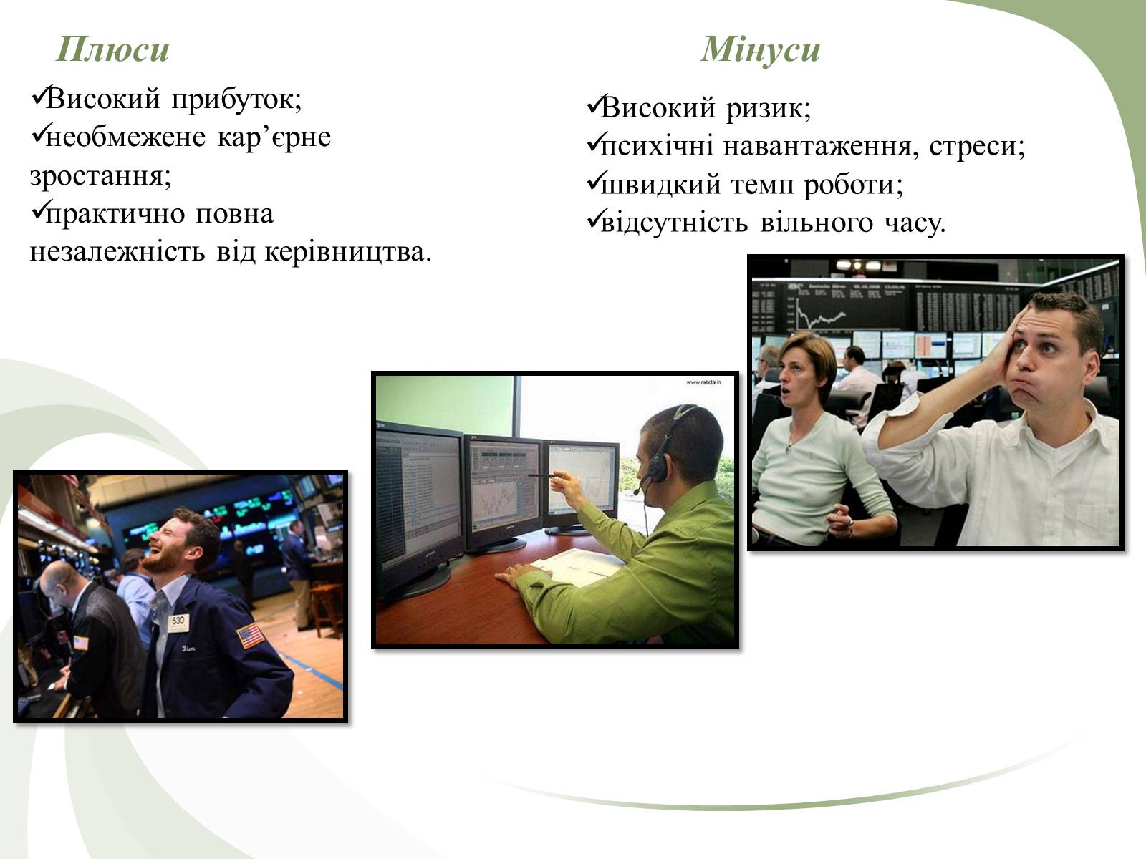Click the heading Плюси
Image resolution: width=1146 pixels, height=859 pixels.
[x=112, y=49]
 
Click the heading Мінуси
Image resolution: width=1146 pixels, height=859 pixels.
[x=760, y=49]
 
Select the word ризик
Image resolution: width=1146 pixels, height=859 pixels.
[x=769, y=109]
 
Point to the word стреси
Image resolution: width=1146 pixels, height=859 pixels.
[x=977, y=146]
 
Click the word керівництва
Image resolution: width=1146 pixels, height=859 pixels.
[x=348, y=251]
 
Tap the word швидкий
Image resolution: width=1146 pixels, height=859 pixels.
[x=661, y=184]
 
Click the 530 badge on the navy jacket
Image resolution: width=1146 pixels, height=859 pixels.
[x=178, y=621]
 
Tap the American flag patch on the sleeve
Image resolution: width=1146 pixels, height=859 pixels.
[x=251, y=636]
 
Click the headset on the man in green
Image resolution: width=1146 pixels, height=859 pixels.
[x=663, y=449]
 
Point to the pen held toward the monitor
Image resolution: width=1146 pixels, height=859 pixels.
[x=542, y=475]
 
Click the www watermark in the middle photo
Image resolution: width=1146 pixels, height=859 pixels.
[x=703, y=382]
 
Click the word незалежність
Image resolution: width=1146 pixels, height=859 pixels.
[x=117, y=251]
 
